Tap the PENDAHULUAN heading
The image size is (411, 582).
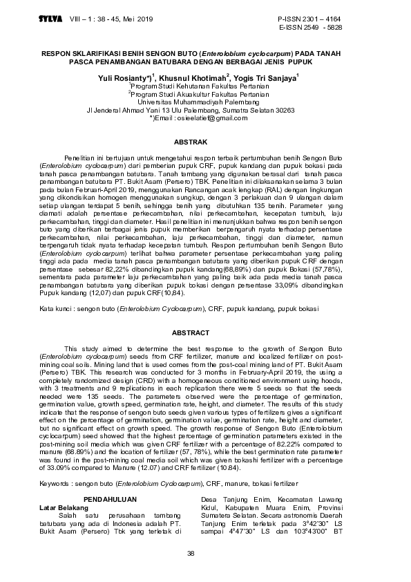(x=110, y=499)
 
